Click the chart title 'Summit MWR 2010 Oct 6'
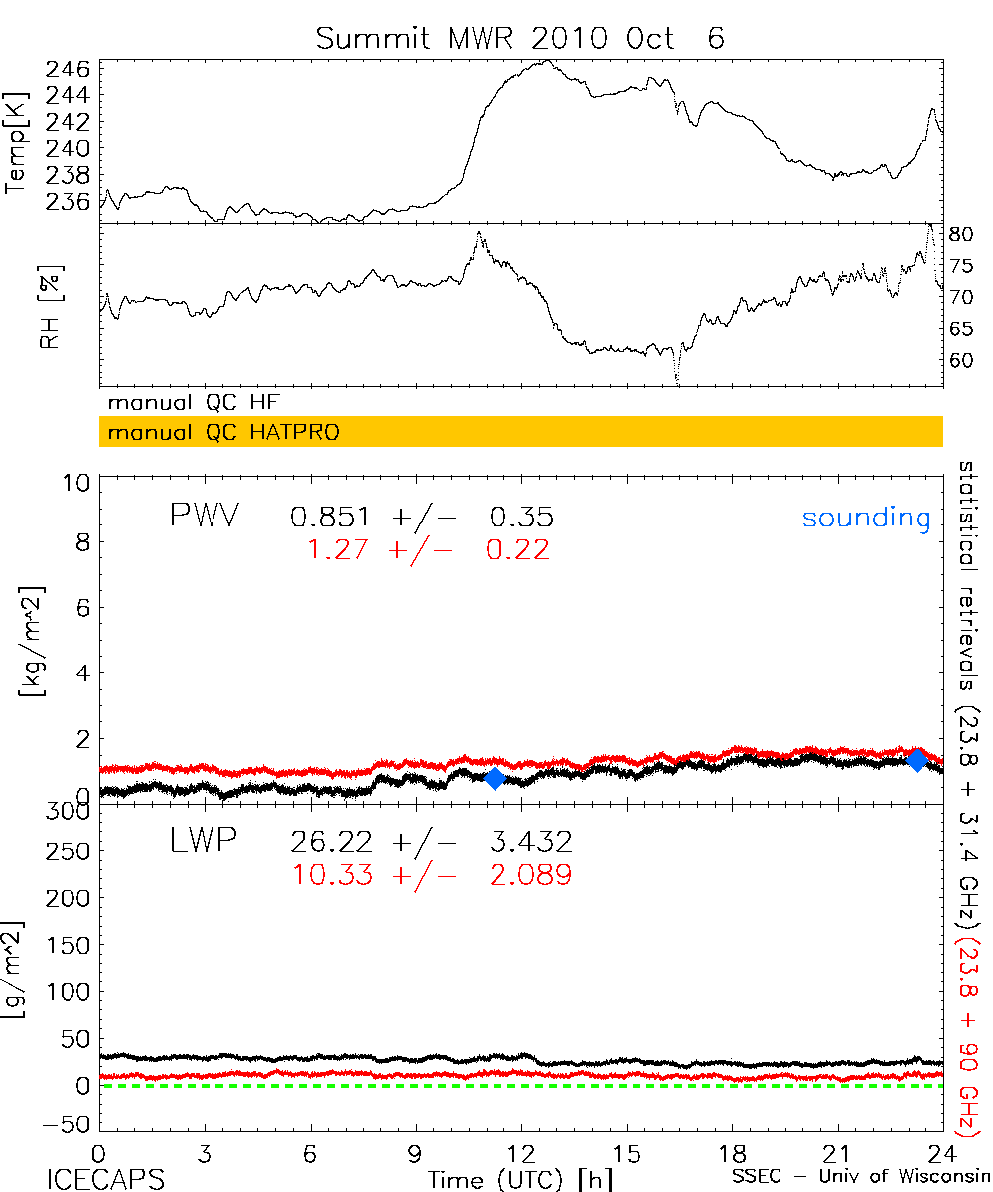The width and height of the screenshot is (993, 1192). pos(520,38)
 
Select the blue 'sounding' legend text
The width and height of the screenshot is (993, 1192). pos(866,518)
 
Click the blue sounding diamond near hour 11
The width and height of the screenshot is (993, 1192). pos(495,778)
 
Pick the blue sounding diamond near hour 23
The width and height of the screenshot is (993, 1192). pos(918,760)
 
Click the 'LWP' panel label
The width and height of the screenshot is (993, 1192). pos(204,842)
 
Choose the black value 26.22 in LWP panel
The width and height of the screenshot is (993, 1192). pos(332,843)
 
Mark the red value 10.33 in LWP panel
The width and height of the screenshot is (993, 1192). pos(332,875)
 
